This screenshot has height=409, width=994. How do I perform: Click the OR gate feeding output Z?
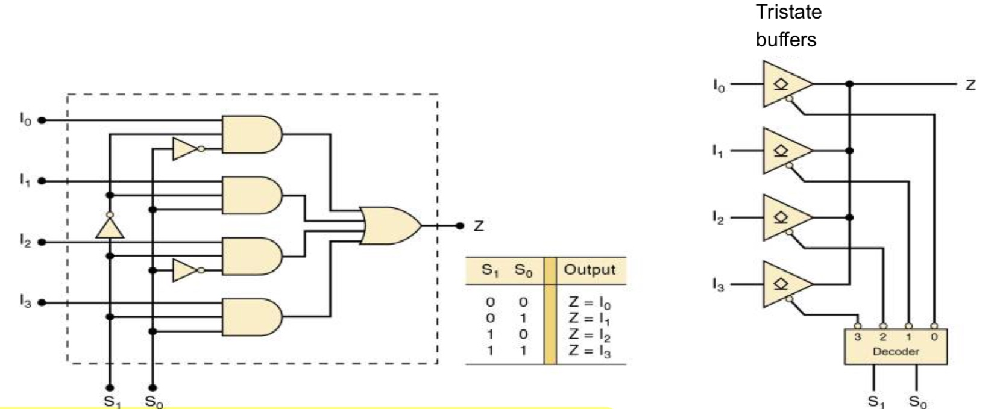(389, 226)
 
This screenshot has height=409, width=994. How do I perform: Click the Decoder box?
(895, 346)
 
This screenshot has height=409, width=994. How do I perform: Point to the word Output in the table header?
(590, 270)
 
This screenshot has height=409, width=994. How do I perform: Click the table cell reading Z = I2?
(590, 334)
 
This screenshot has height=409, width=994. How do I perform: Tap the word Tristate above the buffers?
(788, 13)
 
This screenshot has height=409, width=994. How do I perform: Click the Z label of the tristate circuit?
(969, 85)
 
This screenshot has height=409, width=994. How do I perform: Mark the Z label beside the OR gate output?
(479, 226)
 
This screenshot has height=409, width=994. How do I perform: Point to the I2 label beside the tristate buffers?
(717, 218)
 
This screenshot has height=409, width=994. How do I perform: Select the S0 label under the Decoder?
(917, 401)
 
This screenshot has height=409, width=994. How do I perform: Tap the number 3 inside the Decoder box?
(858, 337)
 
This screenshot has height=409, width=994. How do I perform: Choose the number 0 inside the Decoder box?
(934, 337)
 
